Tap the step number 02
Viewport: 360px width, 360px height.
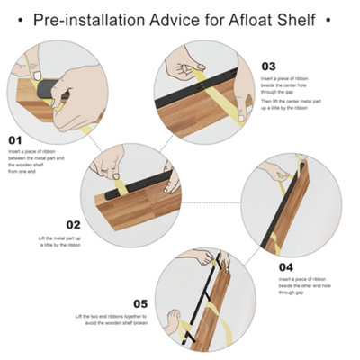[74, 225]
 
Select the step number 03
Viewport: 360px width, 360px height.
[268, 66]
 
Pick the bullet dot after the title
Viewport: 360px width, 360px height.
[337, 17]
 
